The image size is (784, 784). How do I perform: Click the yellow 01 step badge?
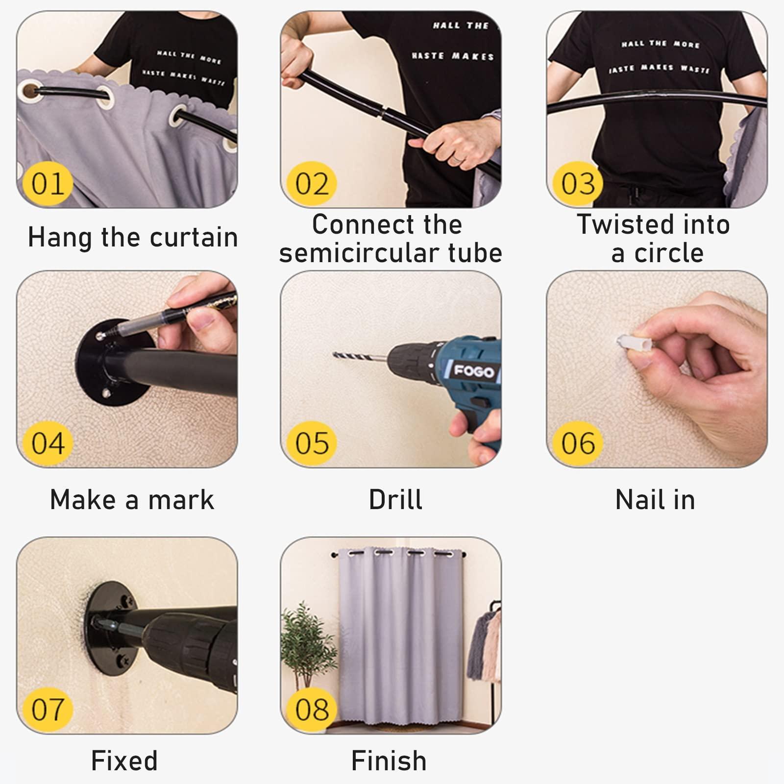[x=48, y=184]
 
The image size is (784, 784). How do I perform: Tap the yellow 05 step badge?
[x=312, y=443]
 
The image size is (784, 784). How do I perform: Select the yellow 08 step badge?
[x=312, y=709]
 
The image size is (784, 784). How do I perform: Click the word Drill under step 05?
[x=395, y=500]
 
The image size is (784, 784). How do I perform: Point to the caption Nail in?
[x=655, y=500]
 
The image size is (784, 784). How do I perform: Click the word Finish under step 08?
[x=389, y=761]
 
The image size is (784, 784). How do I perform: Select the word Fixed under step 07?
[x=124, y=761]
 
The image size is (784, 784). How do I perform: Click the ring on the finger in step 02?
[x=456, y=159]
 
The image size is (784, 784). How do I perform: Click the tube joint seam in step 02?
[x=382, y=112]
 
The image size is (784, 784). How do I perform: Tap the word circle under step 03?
[x=669, y=253]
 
